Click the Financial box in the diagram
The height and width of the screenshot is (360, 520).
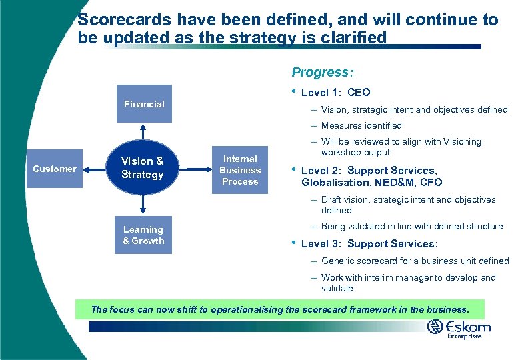(144, 104)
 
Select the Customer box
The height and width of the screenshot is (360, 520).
(55, 169)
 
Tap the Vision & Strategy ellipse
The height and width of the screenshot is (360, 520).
(143, 168)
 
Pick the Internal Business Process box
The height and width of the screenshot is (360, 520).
(240, 170)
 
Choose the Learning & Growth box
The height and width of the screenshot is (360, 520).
(143, 235)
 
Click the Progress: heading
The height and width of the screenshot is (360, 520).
(323, 72)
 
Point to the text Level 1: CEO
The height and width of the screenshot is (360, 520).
(335, 93)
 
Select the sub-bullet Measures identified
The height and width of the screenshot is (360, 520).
(361, 125)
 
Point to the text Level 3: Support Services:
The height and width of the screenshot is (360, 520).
(369, 244)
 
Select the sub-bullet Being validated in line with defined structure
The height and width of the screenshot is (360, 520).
(411, 226)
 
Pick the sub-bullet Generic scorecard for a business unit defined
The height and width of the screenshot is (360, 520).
(415, 261)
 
